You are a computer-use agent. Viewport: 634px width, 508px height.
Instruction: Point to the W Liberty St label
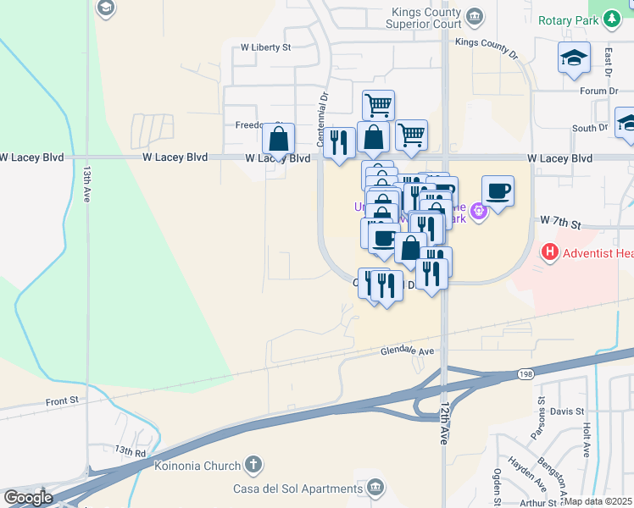point(265,47)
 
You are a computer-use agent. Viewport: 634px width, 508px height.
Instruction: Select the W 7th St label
point(560,224)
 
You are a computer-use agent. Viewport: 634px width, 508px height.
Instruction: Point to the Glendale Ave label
point(407,351)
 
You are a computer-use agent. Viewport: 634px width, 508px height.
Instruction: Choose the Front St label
point(62,401)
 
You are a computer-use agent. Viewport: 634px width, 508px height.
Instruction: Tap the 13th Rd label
point(131,451)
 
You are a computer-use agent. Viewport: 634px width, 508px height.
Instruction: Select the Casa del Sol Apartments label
point(297,489)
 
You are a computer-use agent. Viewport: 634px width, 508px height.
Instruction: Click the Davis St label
point(568,411)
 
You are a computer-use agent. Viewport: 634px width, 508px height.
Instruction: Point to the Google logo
point(27,498)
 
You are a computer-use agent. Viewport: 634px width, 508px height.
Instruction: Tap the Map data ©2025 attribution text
point(598,501)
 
